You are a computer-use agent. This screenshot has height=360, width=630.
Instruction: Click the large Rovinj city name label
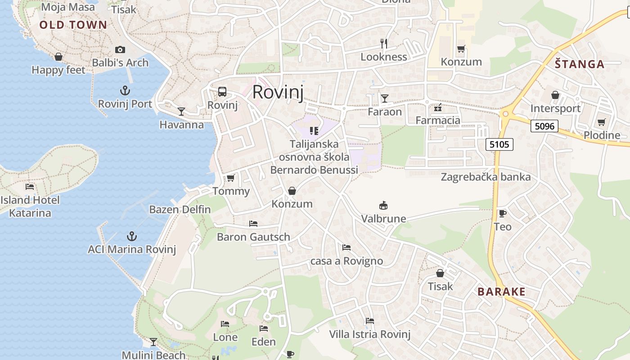278,92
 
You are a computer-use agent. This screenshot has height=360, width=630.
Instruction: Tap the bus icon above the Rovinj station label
222,92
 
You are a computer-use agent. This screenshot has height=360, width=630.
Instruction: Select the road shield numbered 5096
544,126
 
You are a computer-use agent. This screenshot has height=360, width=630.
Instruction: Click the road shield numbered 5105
499,144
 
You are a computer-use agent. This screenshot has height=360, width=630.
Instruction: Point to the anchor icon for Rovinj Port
125,90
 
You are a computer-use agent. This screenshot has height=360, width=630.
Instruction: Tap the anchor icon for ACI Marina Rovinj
131,236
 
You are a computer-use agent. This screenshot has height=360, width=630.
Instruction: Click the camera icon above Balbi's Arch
120,50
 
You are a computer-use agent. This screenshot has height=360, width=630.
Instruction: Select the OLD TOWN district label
73,25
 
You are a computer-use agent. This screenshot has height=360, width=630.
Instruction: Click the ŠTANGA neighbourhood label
579,64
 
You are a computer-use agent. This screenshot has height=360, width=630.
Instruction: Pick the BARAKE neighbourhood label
501,292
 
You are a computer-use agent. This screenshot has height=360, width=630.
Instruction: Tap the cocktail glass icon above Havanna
181,111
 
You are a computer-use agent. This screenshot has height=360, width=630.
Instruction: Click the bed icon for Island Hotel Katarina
30,186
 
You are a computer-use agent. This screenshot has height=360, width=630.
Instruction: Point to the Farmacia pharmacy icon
437,108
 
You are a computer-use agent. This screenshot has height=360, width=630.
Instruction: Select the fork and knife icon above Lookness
384,44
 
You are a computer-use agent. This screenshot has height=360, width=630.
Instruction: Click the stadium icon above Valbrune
383,206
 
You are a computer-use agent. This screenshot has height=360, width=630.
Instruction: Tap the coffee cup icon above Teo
502,213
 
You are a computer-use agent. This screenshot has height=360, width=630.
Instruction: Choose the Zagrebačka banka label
486,177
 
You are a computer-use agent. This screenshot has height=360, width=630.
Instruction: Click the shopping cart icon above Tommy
231,178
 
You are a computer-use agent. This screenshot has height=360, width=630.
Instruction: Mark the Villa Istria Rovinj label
370,334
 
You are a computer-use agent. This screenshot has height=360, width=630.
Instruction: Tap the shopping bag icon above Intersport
555,95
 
